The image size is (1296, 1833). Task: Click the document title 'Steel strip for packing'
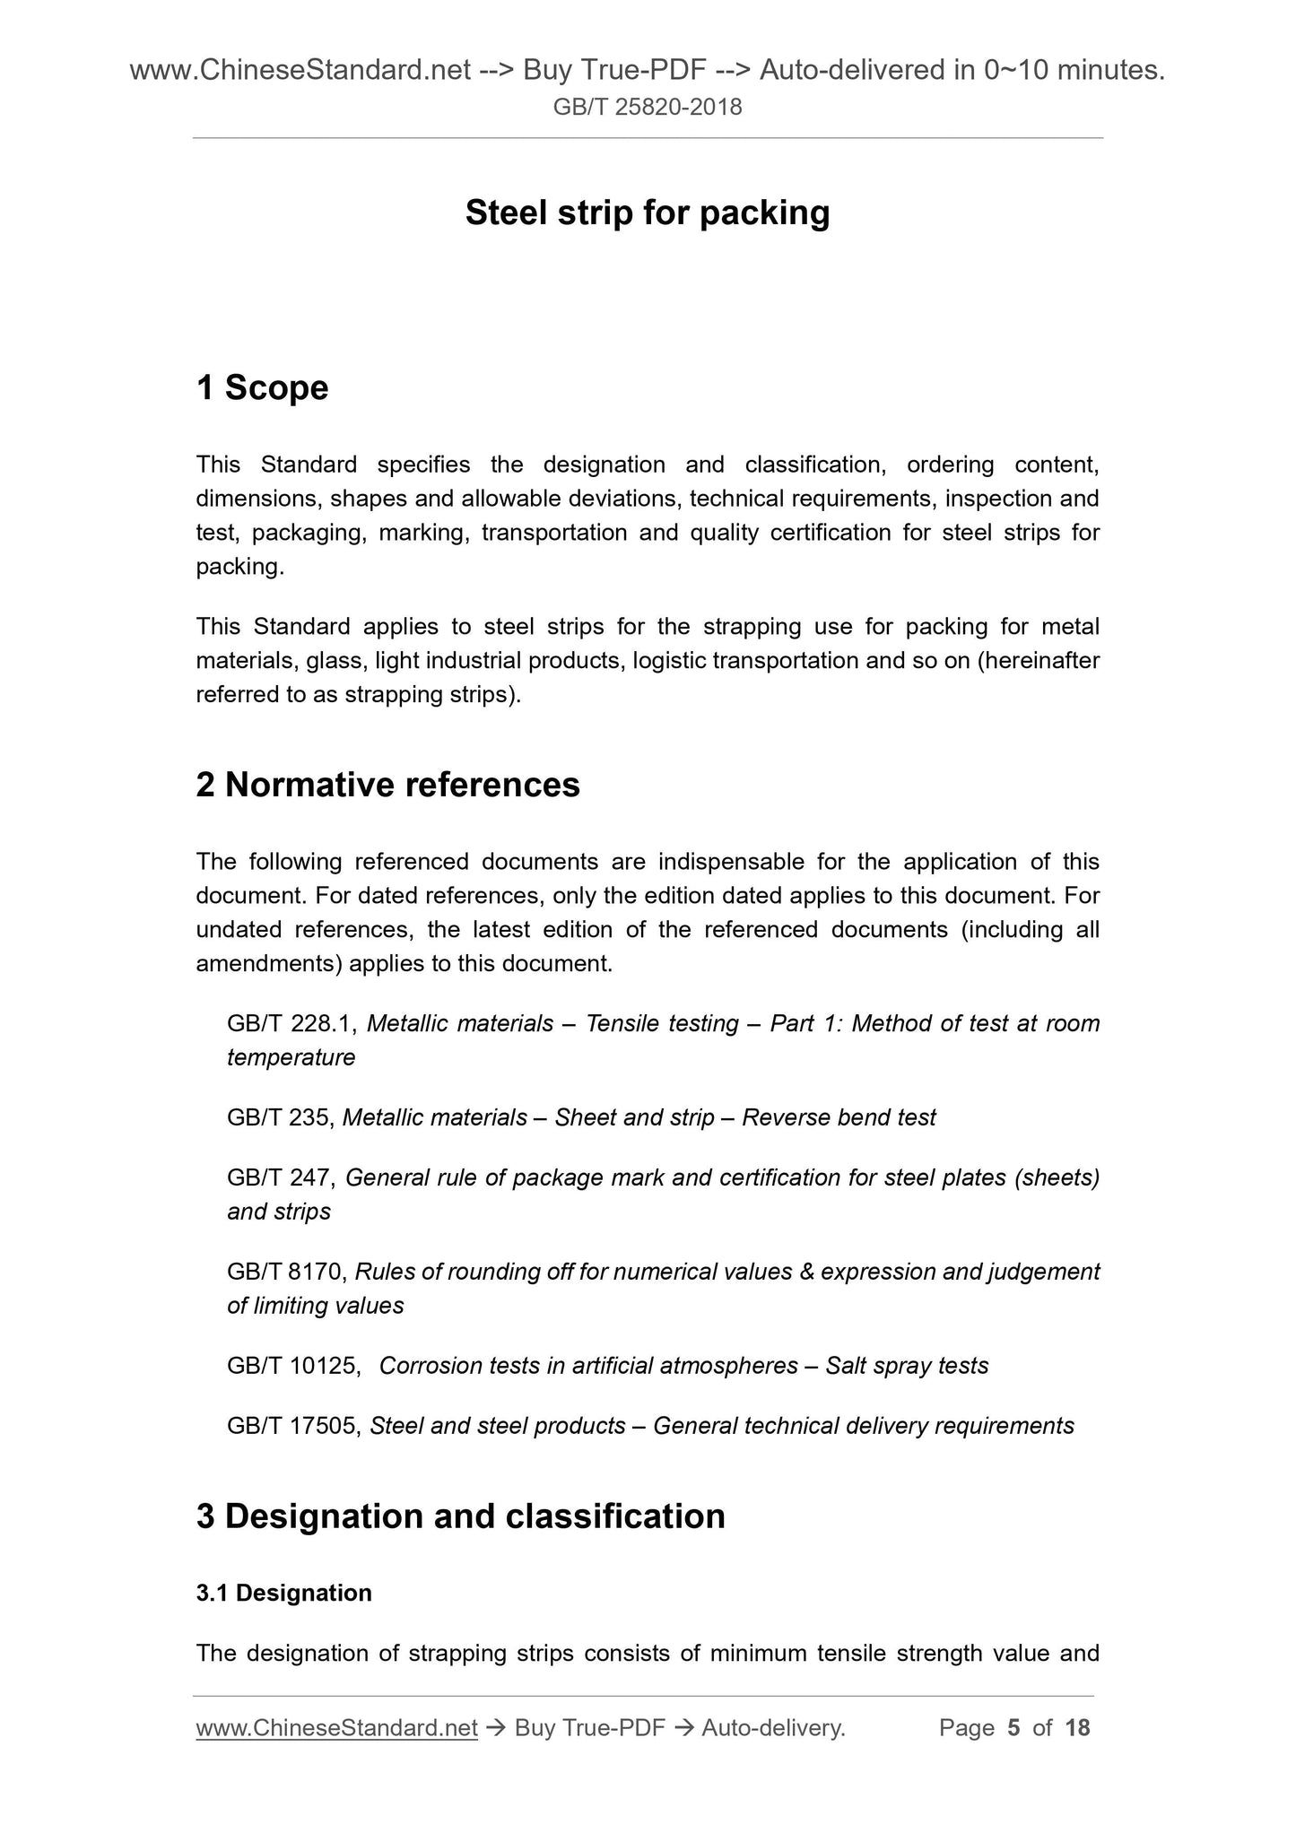(647, 213)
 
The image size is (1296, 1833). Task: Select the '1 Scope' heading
(262, 388)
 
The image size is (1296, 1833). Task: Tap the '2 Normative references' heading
(387, 785)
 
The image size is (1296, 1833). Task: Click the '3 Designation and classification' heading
(460, 1516)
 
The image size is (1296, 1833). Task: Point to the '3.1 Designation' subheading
(283, 1593)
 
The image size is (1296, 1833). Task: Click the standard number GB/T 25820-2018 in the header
(647, 108)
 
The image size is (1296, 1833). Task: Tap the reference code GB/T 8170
(287, 1272)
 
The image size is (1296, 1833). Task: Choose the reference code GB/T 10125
(293, 1366)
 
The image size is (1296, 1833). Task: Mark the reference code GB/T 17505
(293, 1426)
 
